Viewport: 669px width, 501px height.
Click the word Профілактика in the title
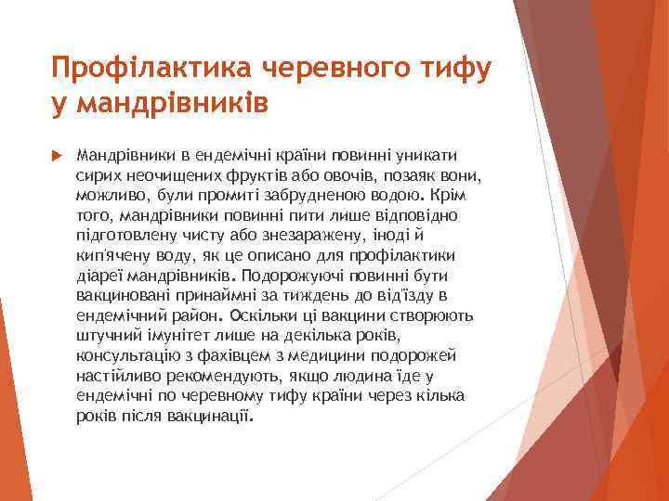pyautogui.click(x=153, y=68)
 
